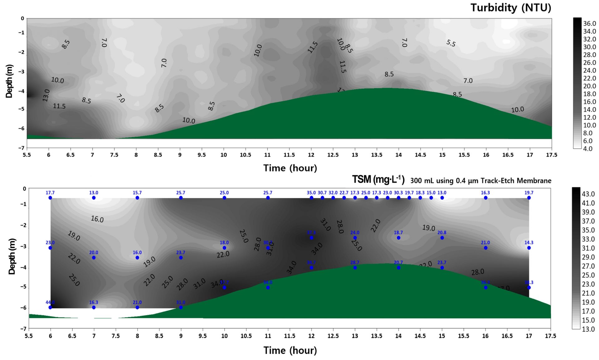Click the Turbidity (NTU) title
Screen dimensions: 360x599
[511, 8]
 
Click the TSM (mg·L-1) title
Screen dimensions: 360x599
[378, 180]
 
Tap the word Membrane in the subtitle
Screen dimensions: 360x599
[534, 181]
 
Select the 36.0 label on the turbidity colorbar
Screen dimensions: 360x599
[590, 24]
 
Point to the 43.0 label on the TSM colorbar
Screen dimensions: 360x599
[588, 194]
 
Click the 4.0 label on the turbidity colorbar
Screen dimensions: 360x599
[588, 149]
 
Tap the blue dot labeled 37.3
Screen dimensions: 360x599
[311, 238]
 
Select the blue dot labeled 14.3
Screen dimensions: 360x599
[529, 248]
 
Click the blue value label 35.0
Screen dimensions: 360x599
[311, 193]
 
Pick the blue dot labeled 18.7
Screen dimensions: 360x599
[398, 238]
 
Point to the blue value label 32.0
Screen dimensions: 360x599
[333, 193]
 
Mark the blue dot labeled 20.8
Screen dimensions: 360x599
[442, 238]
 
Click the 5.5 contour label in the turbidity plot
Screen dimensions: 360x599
[451, 43]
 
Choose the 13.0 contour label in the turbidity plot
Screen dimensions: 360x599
[46, 95]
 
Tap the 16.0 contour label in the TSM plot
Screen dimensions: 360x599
[97, 219]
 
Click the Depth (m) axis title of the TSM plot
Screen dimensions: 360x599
[12, 257]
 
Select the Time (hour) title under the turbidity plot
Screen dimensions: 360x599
[290, 168]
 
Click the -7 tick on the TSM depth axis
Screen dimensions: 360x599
[23, 329]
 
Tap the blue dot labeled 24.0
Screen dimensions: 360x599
[355, 238]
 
